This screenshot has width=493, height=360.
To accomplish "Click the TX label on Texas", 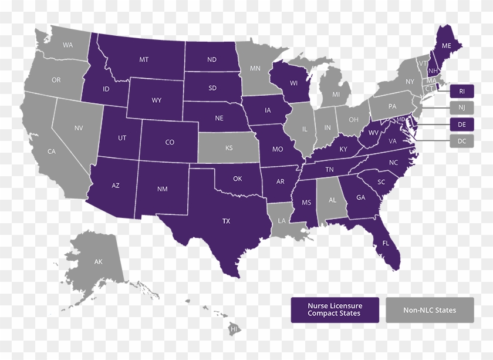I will [x=226, y=221].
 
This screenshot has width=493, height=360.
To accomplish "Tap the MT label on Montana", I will [x=144, y=59].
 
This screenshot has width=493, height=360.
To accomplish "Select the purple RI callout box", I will [x=462, y=91].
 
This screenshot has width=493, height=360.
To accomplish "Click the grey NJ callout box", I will [x=462, y=107].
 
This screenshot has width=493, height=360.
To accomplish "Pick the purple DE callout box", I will [x=462, y=124].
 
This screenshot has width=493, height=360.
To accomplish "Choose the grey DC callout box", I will [x=462, y=141].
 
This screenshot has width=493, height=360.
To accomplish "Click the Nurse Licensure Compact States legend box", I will [x=335, y=309].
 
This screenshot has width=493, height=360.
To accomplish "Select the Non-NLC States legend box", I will [x=430, y=309].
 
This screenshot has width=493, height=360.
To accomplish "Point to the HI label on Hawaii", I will [x=234, y=329].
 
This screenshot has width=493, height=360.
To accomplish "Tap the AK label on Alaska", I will [x=98, y=261].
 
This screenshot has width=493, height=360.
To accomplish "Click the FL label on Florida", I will [x=386, y=242].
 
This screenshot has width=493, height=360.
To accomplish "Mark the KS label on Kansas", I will [x=229, y=149].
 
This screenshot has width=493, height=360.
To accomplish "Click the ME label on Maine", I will [x=446, y=45].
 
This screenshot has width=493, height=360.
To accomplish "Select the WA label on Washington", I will [x=68, y=45].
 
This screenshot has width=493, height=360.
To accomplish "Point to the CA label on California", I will [x=52, y=152].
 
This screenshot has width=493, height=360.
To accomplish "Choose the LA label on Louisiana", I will [x=282, y=221].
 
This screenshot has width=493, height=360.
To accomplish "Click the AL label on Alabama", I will [x=332, y=200].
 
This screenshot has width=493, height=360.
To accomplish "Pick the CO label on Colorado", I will [x=170, y=142].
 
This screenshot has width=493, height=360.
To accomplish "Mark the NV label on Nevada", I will [x=79, y=127].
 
